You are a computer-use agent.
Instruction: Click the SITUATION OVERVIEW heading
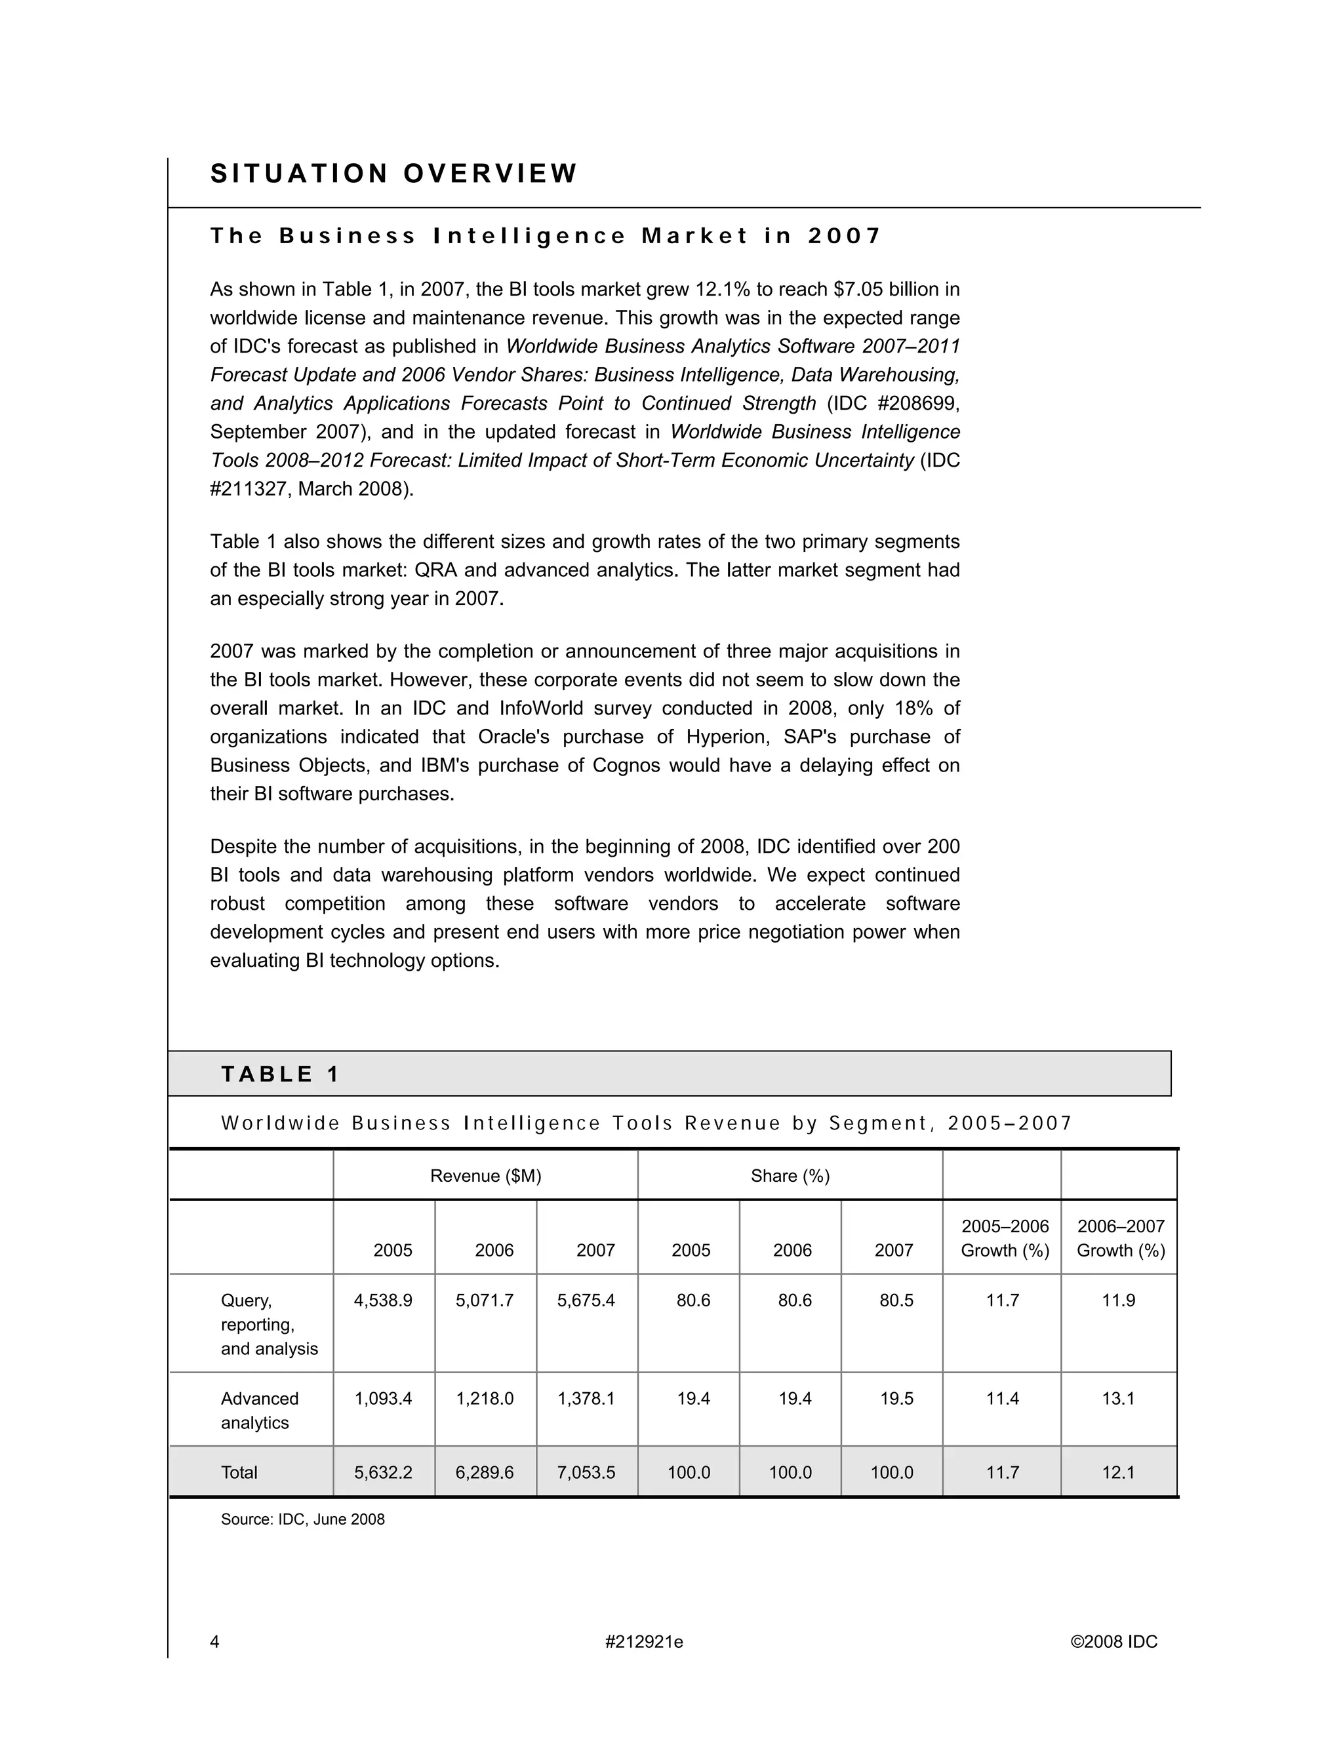click(393, 174)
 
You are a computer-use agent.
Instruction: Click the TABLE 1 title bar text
click(280, 1074)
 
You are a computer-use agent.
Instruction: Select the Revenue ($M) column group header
click(485, 1175)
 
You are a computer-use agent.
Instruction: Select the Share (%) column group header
click(790, 1175)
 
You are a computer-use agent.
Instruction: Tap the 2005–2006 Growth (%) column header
click(1005, 1238)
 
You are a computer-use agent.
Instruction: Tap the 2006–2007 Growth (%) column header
click(1120, 1238)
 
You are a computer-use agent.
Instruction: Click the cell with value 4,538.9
click(384, 1300)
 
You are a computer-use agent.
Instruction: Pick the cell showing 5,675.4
click(586, 1300)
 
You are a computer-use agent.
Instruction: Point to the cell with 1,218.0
click(485, 1399)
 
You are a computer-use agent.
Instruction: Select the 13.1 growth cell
click(1118, 1399)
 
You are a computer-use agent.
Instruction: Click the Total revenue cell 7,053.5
click(586, 1472)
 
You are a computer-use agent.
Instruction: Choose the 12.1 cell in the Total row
click(1118, 1472)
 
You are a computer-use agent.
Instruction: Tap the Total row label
click(239, 1472)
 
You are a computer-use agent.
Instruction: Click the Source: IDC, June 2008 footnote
click(302, 1519)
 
